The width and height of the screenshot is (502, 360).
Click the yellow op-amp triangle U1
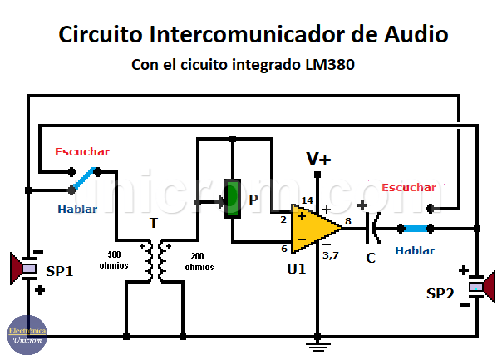coord(314,227)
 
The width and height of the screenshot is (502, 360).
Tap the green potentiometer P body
coord(232,198)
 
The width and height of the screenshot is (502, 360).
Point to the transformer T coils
coord(153,260)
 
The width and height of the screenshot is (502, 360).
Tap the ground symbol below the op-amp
coord(317,343)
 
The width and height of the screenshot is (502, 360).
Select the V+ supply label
coord(317,159)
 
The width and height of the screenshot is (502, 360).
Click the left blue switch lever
coord(84,178)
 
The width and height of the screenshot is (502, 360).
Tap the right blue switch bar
coord(415,228)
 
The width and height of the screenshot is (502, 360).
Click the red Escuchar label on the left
coord(82,152)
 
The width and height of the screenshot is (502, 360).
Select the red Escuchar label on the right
coord(408,188)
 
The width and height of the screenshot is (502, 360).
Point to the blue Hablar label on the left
coord(76,209)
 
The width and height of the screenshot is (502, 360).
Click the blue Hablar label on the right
coord(415,249)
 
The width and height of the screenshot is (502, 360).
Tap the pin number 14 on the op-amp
coord(308,200)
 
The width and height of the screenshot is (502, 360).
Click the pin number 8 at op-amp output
coord(348,220)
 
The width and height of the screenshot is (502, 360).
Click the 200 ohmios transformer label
coord(199,262)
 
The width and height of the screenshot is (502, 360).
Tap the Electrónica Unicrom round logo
coord(27,336)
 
